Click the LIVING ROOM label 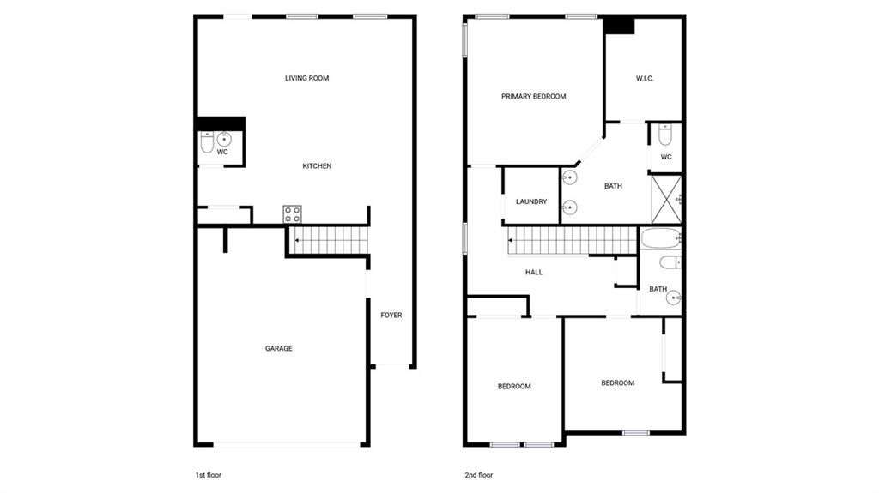pos(306,78)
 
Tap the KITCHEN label pos(317,166)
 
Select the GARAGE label pos(279,348)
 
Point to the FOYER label pos(391,316)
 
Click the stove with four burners pos(292,214)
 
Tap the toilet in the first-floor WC pos(207,142)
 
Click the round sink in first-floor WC pos(224,139)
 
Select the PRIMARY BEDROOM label pos(534,96)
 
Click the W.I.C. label pos(645,78)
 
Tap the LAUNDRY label pos(531,201)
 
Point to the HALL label pos(534,273)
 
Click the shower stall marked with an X pos(666,200)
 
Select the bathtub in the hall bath pos(660,238)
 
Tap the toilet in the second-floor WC pos(665,135)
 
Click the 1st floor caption pos(208,475)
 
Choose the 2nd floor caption pos(479,475)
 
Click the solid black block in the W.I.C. pos(619,26)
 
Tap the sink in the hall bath pos(674,298)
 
